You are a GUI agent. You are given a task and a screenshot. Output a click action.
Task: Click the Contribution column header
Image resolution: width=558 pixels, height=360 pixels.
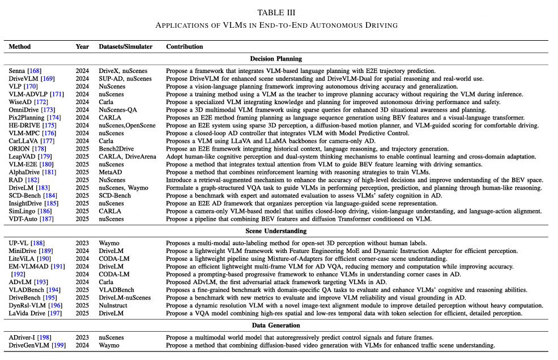(x=184, y=46)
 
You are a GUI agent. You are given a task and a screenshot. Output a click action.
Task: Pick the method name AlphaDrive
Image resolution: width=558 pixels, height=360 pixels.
(x=23, y=172)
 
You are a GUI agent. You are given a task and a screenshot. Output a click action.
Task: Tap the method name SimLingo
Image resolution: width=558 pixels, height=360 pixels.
(x=22, y=211)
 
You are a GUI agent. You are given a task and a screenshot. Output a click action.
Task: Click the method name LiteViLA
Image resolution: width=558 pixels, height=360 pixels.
(x=22, y=258)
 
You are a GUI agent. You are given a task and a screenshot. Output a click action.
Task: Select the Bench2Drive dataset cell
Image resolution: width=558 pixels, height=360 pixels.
(x=116, y=148)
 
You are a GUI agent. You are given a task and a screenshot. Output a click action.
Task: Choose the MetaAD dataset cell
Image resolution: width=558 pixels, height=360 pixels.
(x=110, y=172)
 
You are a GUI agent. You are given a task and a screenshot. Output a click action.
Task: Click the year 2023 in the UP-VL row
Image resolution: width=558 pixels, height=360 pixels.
(x=82, y=243)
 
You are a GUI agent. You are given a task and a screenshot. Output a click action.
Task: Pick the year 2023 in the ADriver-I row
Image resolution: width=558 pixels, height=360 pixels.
(x=82, y=337)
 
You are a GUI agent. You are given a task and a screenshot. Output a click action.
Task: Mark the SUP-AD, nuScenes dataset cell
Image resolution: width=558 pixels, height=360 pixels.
(x=125, y=78)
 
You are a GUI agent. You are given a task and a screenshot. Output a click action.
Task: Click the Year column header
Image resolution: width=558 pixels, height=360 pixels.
(x=82, y=46)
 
